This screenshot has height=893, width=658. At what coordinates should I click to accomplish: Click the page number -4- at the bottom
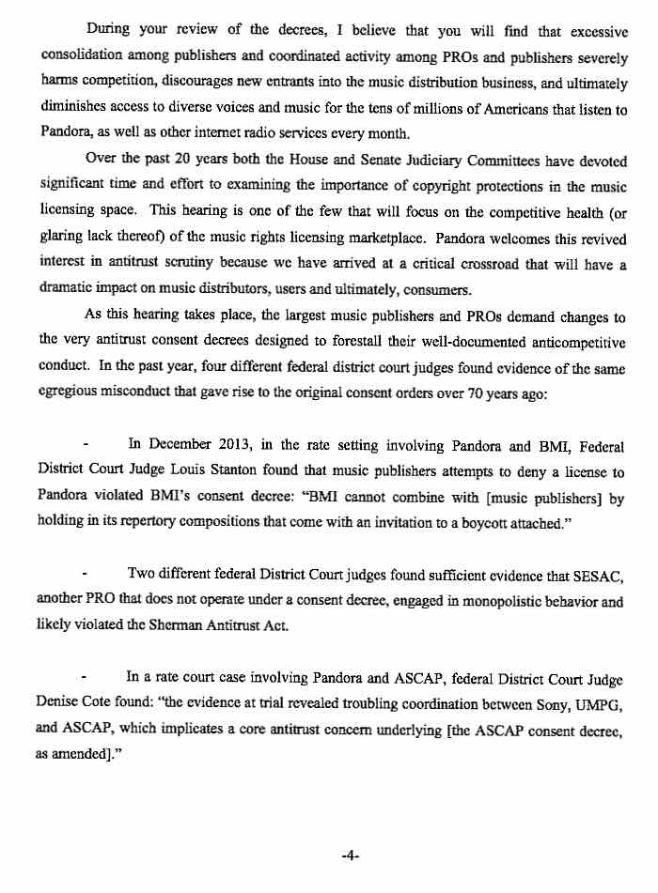coord(351,856)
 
